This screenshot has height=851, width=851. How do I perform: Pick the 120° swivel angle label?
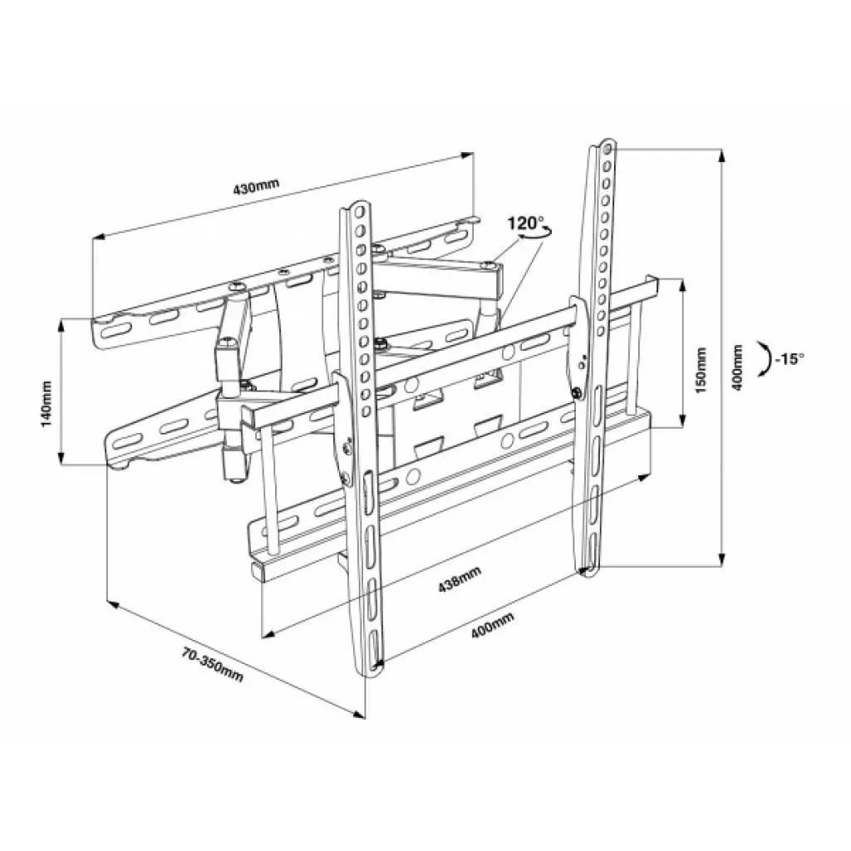point(526,223)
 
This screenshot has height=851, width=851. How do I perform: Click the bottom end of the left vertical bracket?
point(372,667)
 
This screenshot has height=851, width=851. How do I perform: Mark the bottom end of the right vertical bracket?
point(588,573)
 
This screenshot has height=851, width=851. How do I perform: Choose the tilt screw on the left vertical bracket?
point(346,475)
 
